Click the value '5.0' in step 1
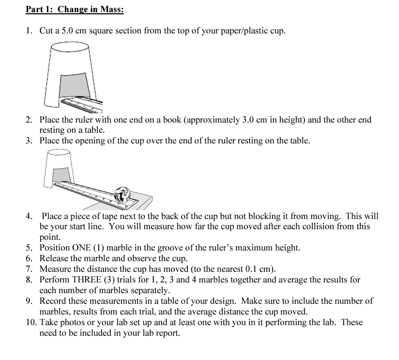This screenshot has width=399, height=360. pyautogui.click(x=67, y=31)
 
